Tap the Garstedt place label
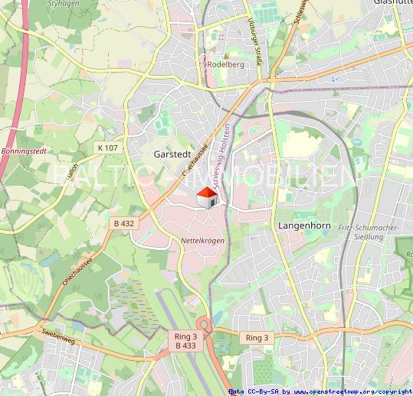(172, 154)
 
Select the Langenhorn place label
(302, 227)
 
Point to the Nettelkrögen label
(202, 241)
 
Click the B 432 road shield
(123, 223)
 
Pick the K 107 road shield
(108, 147)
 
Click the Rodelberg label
(225, 65)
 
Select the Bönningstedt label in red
(24, 151)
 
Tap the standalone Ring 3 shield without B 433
(257, 337)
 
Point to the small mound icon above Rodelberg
(204, 55)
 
